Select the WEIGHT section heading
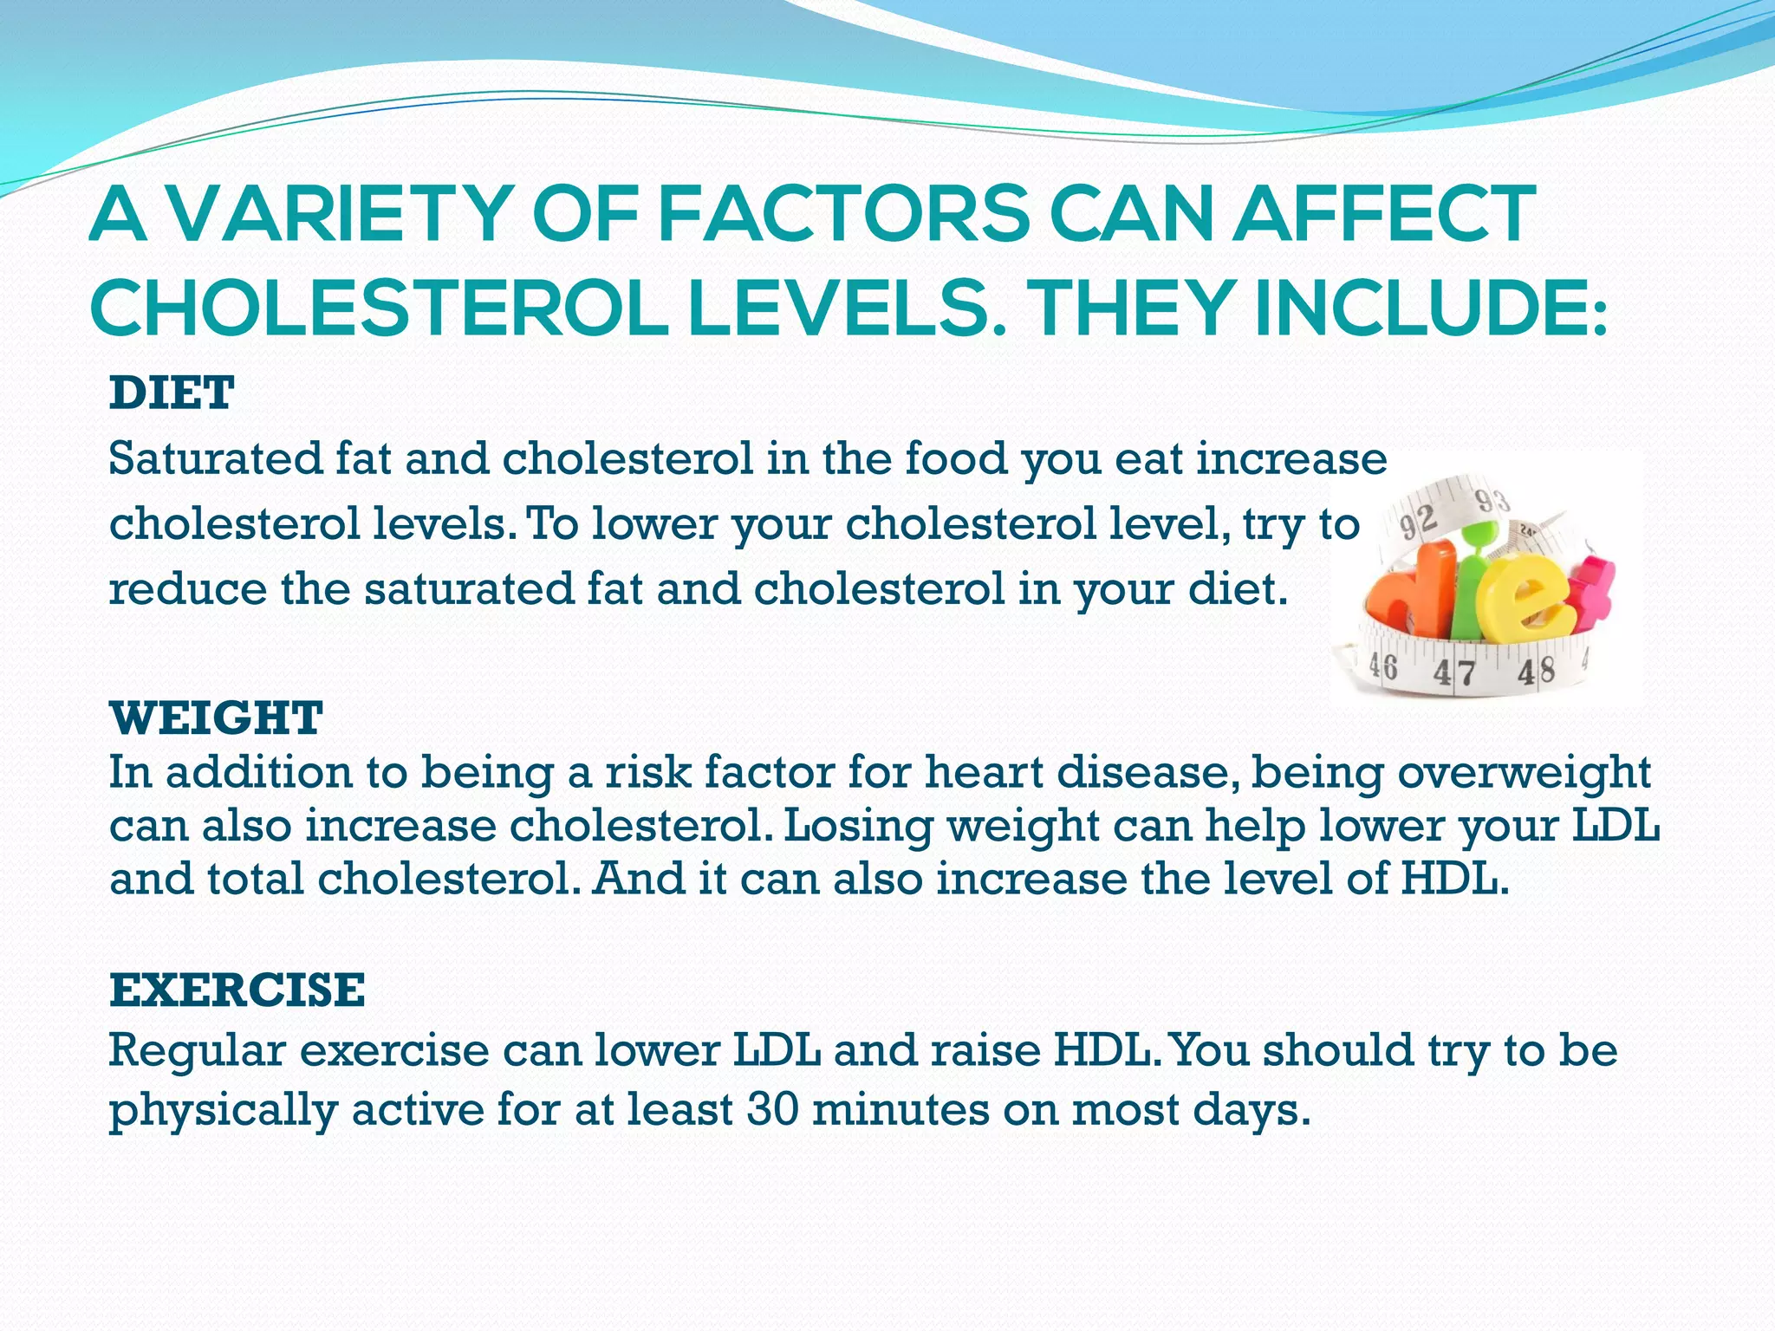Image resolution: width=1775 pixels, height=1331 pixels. (x=216, y=717)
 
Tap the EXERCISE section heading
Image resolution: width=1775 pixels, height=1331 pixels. (x=237, y=990)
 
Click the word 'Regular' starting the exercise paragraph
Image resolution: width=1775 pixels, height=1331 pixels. (x=197, y=1050)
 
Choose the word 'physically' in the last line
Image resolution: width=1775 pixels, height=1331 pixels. (x=223, y=1111)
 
